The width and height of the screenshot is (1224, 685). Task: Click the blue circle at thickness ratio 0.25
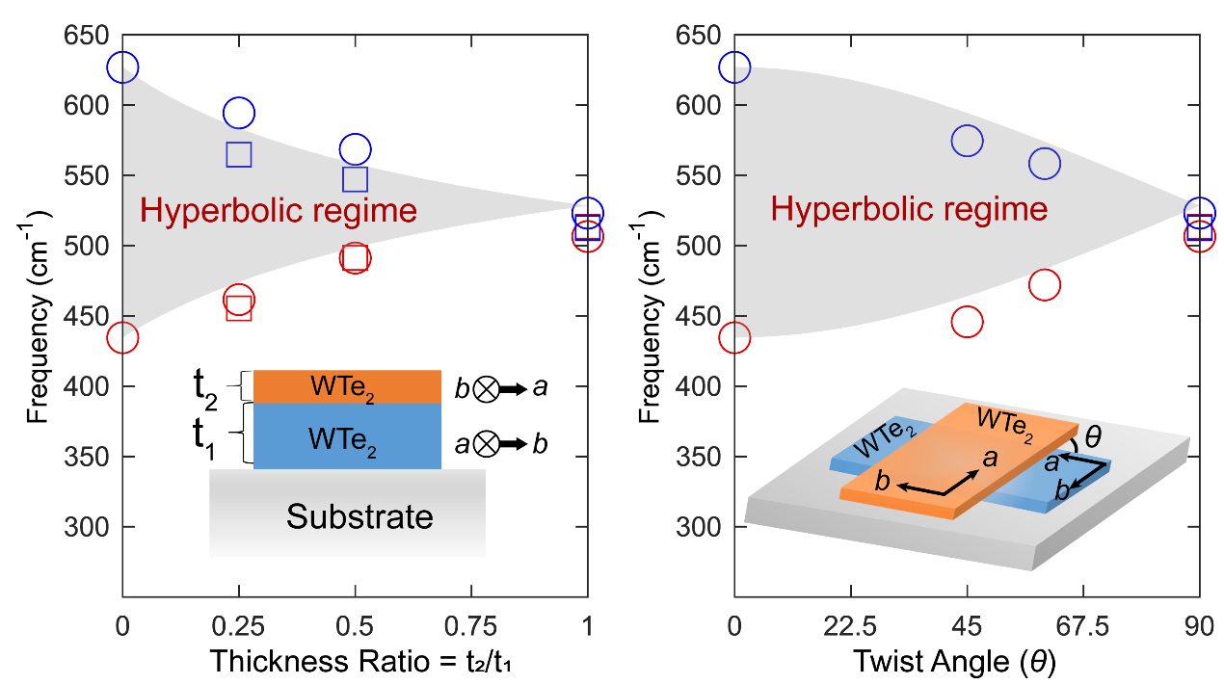[239, 113]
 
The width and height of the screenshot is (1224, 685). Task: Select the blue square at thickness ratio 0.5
[355, 179]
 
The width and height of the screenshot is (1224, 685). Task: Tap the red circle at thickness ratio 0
[122, 337]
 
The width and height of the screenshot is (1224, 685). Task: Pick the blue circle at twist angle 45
[967, 141]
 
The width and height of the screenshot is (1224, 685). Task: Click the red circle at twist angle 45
[967, 322]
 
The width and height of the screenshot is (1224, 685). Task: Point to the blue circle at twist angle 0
[734, 67]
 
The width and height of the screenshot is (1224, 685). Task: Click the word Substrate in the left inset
[359, 517]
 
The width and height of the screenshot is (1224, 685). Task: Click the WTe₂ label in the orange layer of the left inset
[344, 387]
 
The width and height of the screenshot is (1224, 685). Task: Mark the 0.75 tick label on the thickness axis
[471, 627]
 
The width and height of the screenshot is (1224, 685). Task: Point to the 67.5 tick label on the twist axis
[1083, 627]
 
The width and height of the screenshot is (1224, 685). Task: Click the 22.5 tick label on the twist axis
[850, 627]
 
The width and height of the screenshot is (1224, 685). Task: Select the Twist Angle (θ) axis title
[967, 661]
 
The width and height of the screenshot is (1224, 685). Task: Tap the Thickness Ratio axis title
[355, 661]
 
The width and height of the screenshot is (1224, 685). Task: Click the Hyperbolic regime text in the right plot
[909, 209]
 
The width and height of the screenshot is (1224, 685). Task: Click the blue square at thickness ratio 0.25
[239, 154]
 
